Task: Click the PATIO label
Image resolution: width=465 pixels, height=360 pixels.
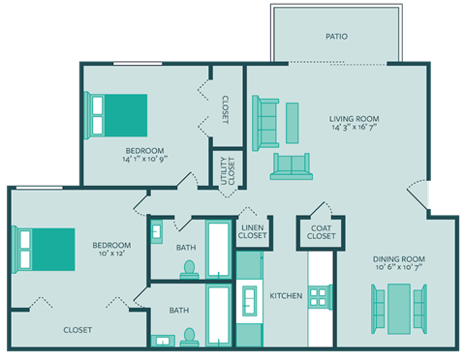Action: coord(336,37)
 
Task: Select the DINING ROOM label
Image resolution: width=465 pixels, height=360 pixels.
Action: coord(399,259)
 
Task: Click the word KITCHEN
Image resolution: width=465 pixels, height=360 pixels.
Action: coord(286,295)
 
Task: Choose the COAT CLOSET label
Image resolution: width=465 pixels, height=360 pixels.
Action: coord(322,232)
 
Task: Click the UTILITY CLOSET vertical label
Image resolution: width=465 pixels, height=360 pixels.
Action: coord(227,168)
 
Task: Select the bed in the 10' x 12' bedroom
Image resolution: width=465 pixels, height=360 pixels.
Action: coord(44,249)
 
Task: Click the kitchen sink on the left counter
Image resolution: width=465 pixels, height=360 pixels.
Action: coord(250,303)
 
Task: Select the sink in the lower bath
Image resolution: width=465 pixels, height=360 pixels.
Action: coord(161,340)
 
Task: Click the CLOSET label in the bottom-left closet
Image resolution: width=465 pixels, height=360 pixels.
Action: coord(77,330)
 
